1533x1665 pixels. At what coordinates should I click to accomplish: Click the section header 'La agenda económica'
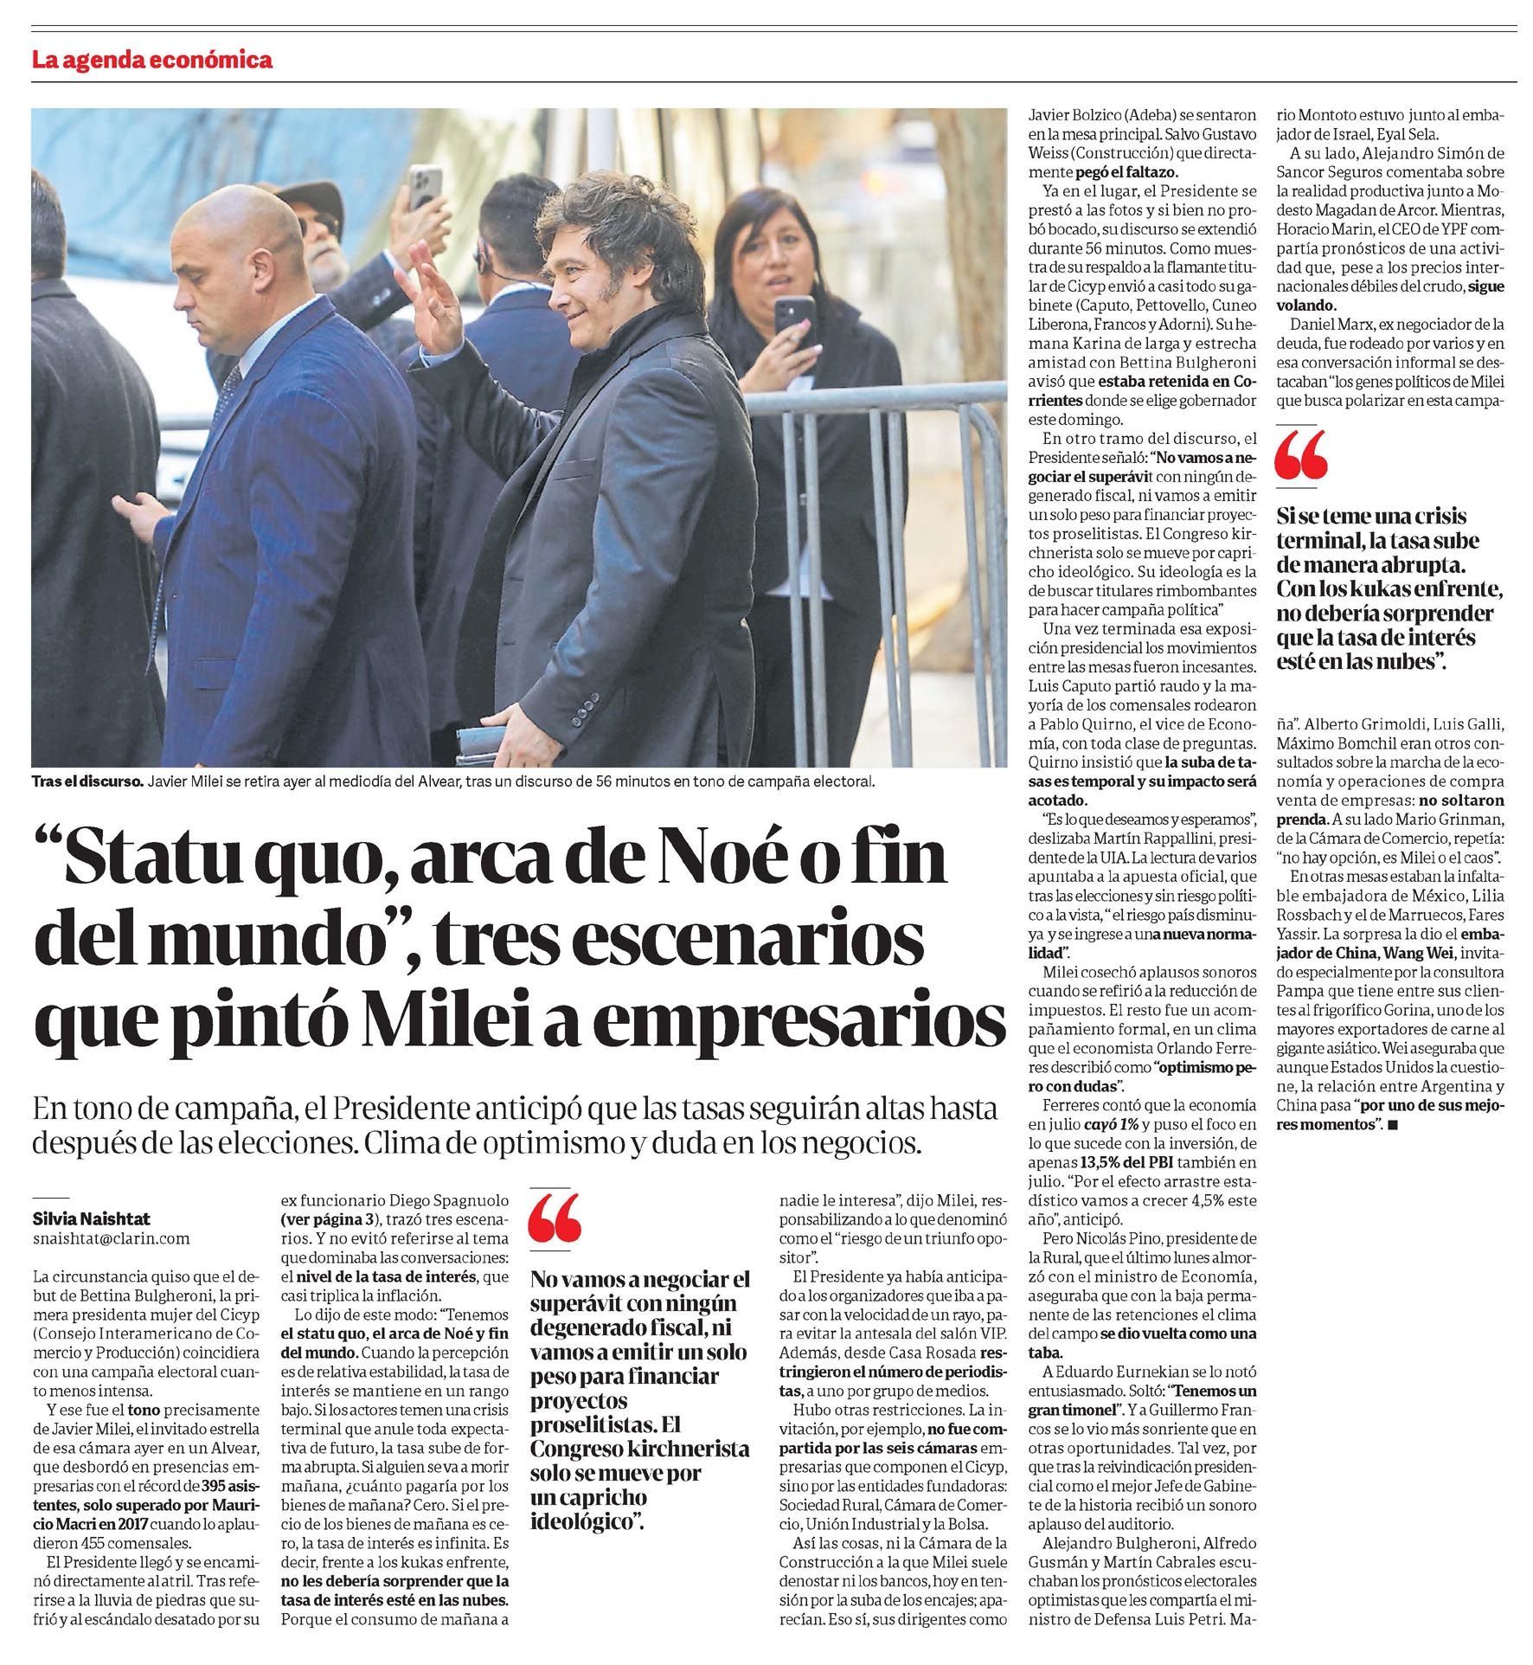[x=152, y=60]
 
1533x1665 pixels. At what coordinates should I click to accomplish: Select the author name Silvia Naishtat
[x=91, y=1218]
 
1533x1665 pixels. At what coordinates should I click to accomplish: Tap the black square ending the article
[x=1392, y=1125]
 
